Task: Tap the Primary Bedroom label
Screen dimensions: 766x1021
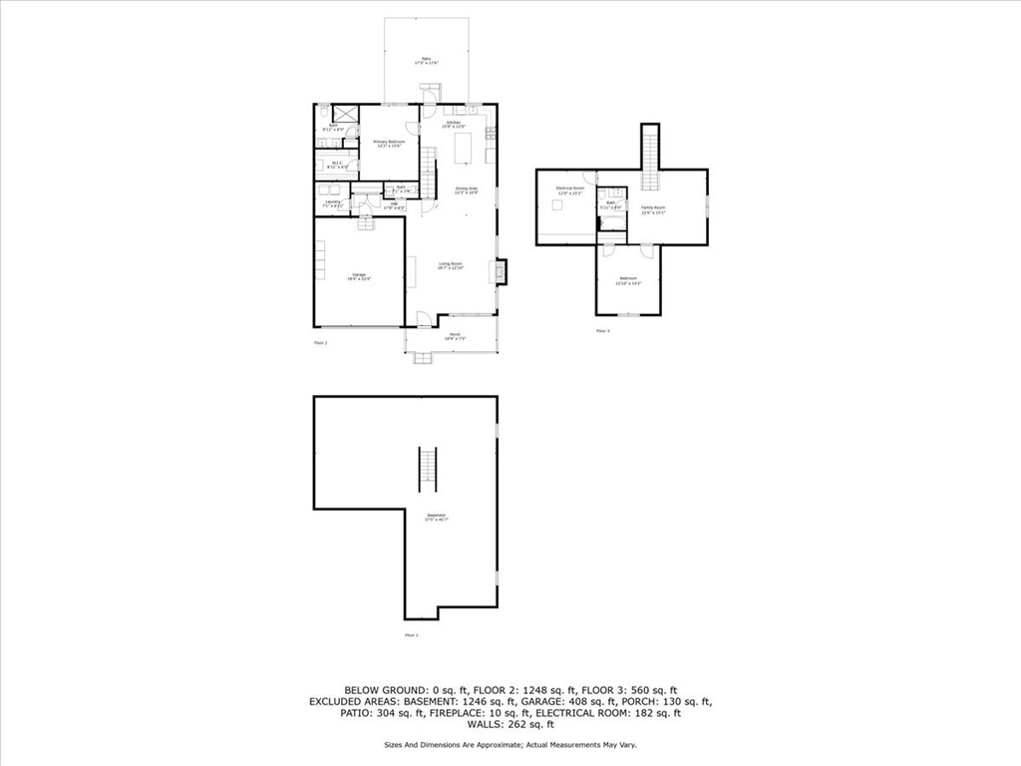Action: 389,144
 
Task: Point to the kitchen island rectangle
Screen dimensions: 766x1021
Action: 463,149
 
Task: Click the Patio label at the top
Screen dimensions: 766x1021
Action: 427,61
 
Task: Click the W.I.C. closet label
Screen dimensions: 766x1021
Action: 336,165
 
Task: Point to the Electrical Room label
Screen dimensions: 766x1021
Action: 569,190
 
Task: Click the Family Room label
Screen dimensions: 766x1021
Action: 653,209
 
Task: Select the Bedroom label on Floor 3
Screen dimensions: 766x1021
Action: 628,280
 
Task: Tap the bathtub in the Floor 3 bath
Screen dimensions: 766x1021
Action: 610,224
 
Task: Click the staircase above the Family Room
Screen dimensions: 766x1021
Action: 651,158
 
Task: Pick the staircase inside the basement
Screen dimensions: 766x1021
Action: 428,469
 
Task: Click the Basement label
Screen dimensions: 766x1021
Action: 436,517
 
